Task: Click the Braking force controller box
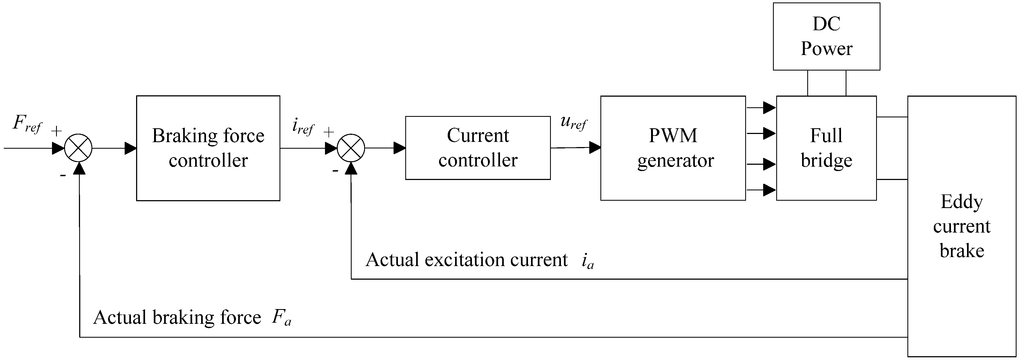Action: [x=208, y=148]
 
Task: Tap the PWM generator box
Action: [x=673, y=148]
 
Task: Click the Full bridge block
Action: [x=826, y=148]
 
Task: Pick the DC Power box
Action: [x=826, y=36]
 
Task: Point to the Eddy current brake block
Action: [x=961, y=226]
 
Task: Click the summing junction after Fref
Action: [x=78, y=148]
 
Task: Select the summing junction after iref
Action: [x=351, y=148]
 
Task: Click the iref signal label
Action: [x=303, y=127]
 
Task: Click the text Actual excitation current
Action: [x=466, y=260]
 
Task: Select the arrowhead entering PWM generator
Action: [x=595, y=148]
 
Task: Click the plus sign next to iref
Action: [x=328, y=132]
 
